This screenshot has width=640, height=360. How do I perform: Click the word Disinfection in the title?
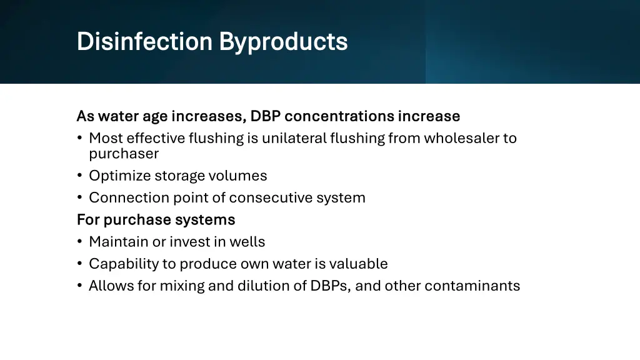pos(144,42)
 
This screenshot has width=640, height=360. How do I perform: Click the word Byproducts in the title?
pos(283,42)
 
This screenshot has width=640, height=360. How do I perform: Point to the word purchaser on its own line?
pos(124,154)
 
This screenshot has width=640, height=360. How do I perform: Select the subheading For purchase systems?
pos(156,219)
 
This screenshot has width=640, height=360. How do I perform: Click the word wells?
pos(248,241)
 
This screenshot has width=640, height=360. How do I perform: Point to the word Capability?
pos(124,264)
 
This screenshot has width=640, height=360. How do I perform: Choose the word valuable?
pos(359,264)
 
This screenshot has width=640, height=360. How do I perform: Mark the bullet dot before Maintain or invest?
pos(80,242)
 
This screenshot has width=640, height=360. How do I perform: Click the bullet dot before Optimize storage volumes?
pos(80,176)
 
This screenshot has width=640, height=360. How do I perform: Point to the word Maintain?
pos(116,241)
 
